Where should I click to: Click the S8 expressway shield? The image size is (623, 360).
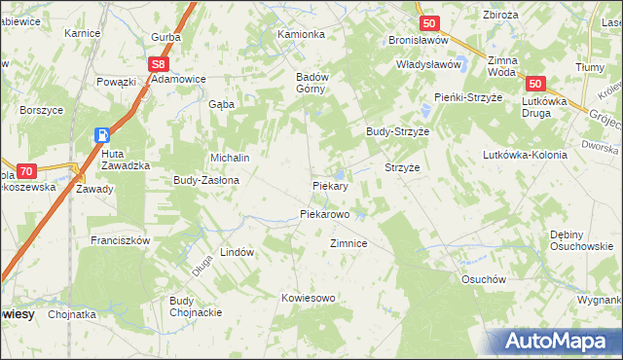pyautogui.click(x=160, y=63)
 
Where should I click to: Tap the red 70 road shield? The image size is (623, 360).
pyautogui.click(x=26, y=170)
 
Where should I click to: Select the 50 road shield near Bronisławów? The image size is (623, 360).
pyautogui.click(x=428, y=22)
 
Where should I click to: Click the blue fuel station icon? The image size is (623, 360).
pyautogui.click(x=102, y=135)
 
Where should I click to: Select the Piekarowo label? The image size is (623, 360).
pyautogui.click(x=324, y=213)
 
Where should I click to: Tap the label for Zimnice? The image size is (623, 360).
pyautogui.click(x=348, y=243)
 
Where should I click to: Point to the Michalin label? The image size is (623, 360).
pyautogui.click(x=231, y=158)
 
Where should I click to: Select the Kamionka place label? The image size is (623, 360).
pyautogui.click(x=300, y=34)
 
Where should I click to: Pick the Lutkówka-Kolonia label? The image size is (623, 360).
pyautogui.click(x=525, y=155)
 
